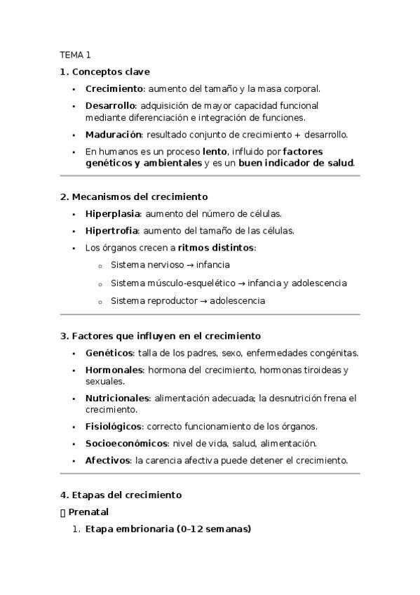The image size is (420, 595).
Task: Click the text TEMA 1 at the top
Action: tap(75, 54)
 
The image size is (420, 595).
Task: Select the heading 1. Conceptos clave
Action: tap(104, 72)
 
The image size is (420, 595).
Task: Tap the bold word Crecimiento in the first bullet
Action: tap(114, 89)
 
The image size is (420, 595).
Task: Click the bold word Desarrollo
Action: tap(110, 106)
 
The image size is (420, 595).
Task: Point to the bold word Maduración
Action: tap(114, 134)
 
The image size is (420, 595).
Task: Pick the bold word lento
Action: tap(215, 152)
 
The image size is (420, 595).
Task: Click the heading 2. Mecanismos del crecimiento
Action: tap(133, 197)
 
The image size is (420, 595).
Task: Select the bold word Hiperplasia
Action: tap(113, 214)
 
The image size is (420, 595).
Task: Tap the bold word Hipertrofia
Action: tap(112, 231)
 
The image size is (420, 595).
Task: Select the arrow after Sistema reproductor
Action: tap(201, 300)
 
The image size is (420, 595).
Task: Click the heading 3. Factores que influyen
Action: tap(160, 336)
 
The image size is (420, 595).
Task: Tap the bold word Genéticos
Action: tap(109, 353)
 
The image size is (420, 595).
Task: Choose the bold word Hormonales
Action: tap(114, 370)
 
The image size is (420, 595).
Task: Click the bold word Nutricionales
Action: tap(116, 398)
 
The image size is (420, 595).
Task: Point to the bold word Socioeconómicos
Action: tap(127, 443)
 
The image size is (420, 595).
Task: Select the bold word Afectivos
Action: tap(108, 461)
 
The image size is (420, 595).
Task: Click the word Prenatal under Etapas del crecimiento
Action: tap(88, 512)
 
